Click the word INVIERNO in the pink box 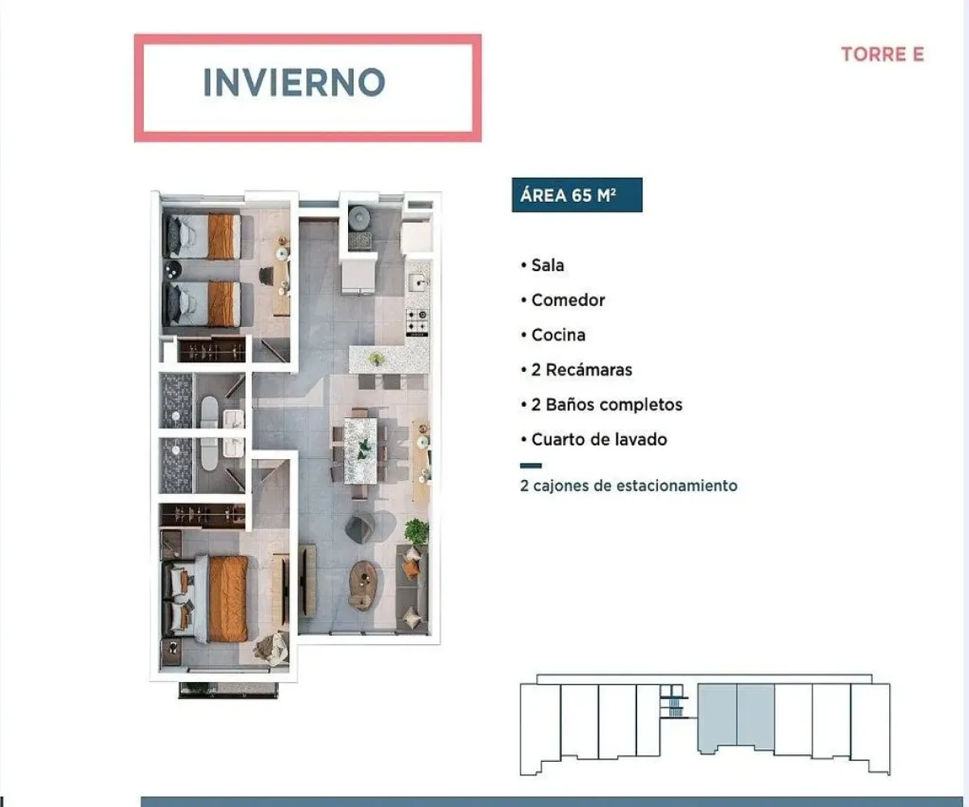(x=294, y=82)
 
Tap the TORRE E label (x=882, y=55)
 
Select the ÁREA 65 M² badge (x=577, y=195)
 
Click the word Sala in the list (x=547, y=265)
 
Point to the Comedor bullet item (x=568, y=300)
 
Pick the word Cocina (x=558, y=335)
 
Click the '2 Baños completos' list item (x=606, y=404)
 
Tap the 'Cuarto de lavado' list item (x=598, y=440)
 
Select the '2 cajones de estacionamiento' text (x=629, y=486)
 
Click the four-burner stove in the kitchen (x=417, y=321)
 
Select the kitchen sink (x=417, y=283)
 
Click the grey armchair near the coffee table (x=360, y=529)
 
